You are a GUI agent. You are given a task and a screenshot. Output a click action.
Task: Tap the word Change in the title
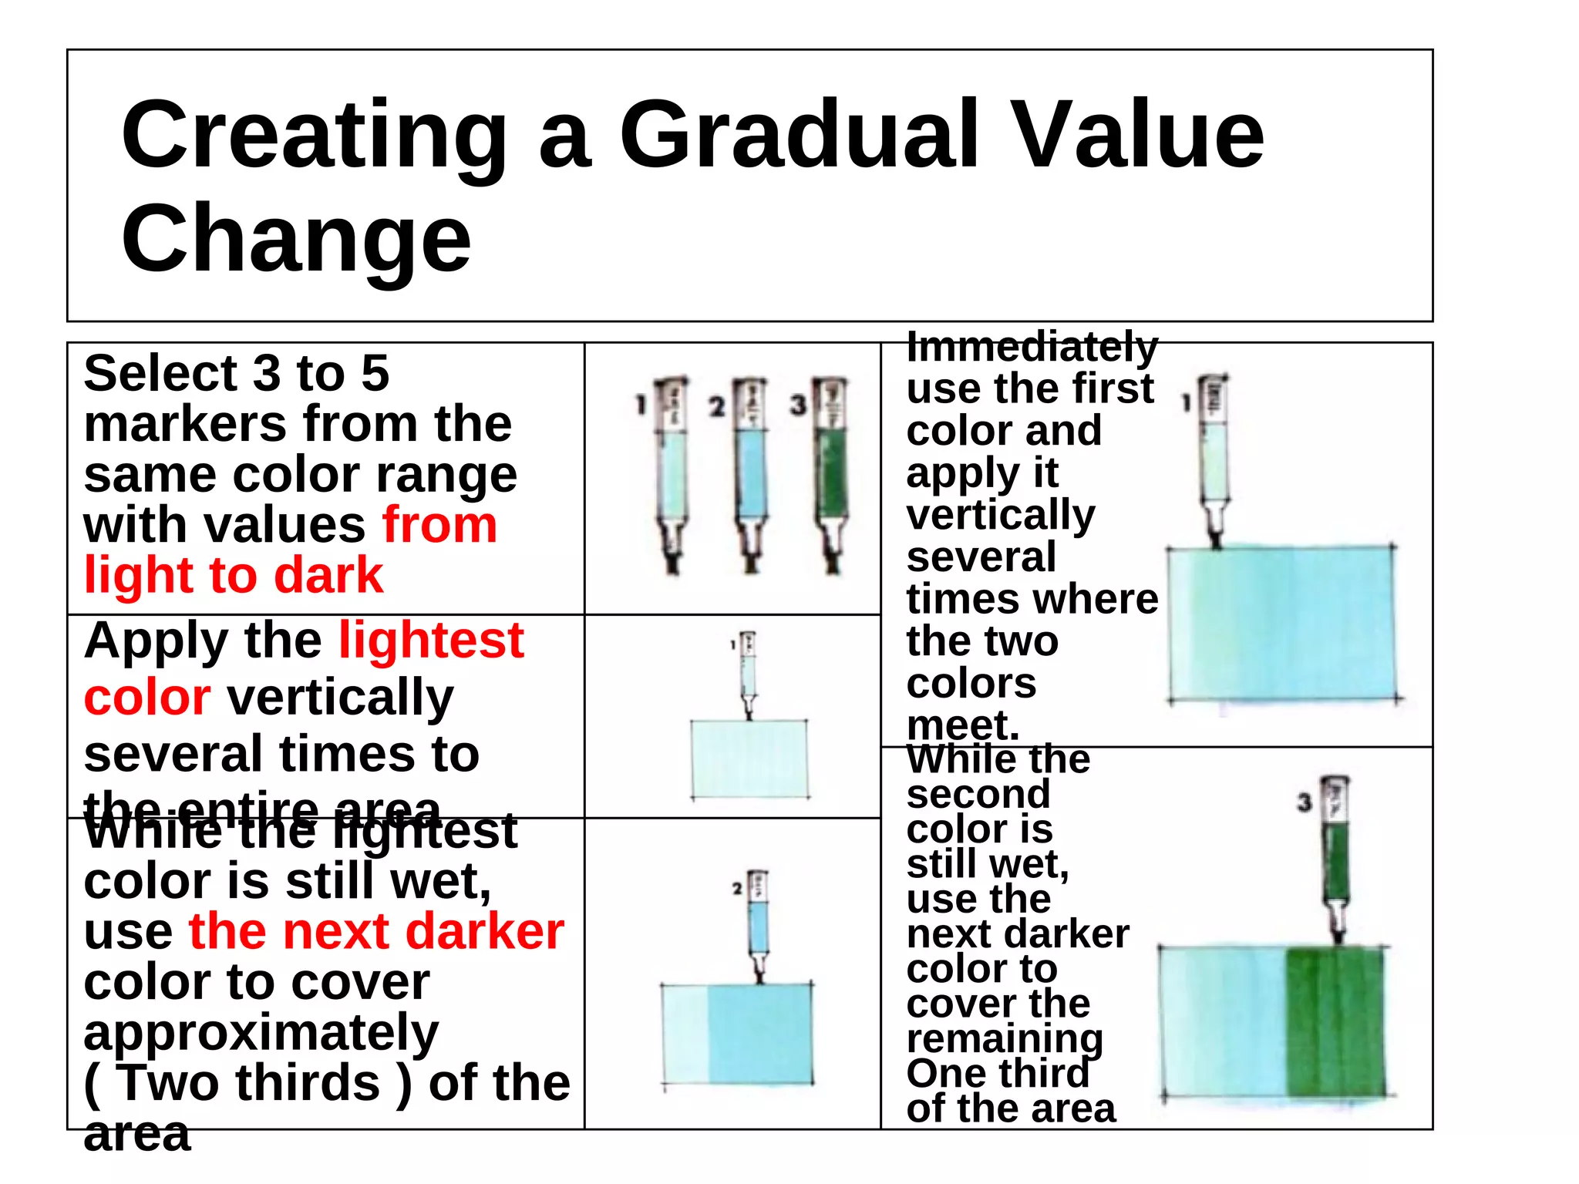tap(296, 239)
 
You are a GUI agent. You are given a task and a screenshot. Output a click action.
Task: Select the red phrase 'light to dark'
tap(233, 575)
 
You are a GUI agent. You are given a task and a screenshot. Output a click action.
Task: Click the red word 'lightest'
tap(431, 641)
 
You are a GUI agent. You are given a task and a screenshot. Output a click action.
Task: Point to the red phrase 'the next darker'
tap(376, 931)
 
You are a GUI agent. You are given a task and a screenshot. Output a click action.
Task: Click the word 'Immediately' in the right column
tap(1032, 347)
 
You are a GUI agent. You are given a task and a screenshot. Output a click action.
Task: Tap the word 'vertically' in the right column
tap(1000, 515)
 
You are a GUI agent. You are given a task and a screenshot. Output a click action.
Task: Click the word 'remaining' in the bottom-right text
tap(1004, 1038)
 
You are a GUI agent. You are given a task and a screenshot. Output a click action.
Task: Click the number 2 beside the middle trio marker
tap(717, 406)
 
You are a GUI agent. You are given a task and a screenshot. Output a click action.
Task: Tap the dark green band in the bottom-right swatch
tap(1334, 1021)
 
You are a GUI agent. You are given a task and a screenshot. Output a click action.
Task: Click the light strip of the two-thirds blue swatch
tap(685, 1033)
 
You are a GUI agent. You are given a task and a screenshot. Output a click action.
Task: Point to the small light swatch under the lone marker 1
tap(749, 759)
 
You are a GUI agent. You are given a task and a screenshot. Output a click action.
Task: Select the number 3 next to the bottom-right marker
tap(1304, 802)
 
